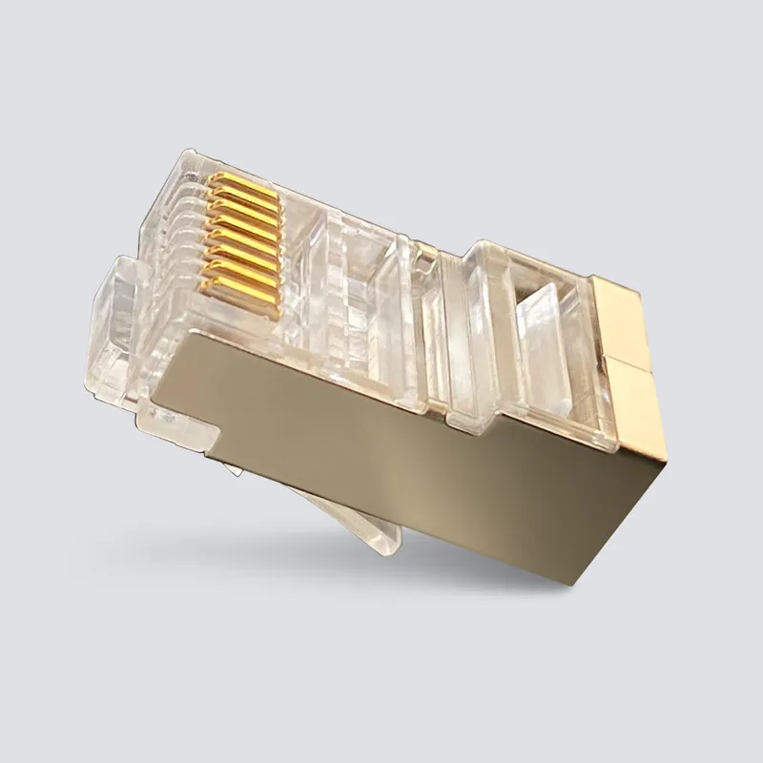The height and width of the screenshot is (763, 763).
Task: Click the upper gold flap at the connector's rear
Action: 625,315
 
